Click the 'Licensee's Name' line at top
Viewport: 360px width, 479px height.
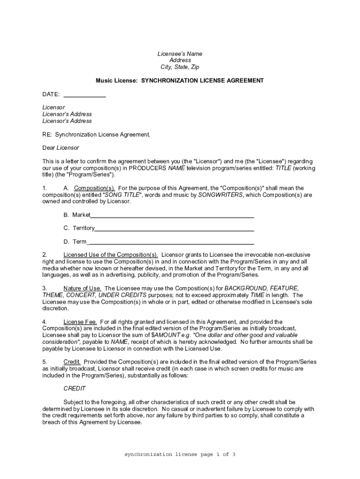tap(180, 54)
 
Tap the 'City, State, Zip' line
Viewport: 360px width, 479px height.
tap(180, 67)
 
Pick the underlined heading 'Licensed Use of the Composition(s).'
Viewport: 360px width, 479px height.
tap(111, 255)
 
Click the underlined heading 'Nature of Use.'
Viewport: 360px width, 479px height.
tap(82, 288)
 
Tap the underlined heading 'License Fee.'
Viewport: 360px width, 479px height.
tap(80, 322)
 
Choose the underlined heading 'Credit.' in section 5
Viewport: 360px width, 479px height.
tap(72, 362)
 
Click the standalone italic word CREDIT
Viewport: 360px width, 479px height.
tap(74, 389)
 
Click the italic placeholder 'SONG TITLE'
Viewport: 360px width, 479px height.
tap(121, 195)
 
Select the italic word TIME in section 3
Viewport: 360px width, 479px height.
tap(257, 295)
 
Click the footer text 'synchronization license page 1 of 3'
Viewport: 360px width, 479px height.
tap(180, 454)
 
